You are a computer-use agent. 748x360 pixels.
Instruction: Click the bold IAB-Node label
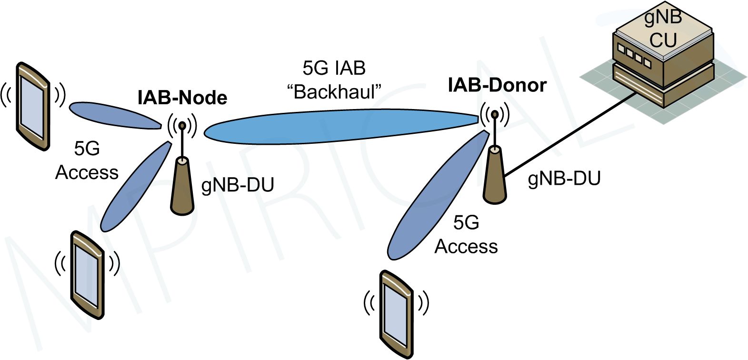[182, 98]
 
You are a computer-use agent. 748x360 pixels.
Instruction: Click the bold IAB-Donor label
[497, 85]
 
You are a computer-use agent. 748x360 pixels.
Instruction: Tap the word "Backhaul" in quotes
[334, 92]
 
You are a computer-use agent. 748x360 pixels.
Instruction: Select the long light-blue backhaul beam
[340, 126]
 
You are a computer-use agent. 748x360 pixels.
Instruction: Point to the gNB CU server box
[663, 62]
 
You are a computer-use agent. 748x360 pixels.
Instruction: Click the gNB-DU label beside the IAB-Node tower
[238, 185]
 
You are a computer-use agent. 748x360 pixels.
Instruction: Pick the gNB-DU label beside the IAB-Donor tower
[564, 178]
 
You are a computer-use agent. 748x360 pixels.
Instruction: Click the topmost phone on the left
[33, 106]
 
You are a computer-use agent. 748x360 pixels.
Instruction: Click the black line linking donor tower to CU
[571, 133]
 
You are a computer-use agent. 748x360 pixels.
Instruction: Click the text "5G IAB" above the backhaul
[334, 68]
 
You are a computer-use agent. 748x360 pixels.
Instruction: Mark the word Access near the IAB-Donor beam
[466, 247]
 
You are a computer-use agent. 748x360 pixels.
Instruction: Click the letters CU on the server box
[663, 40]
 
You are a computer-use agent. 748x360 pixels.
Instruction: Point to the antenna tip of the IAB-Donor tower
[495, 114]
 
